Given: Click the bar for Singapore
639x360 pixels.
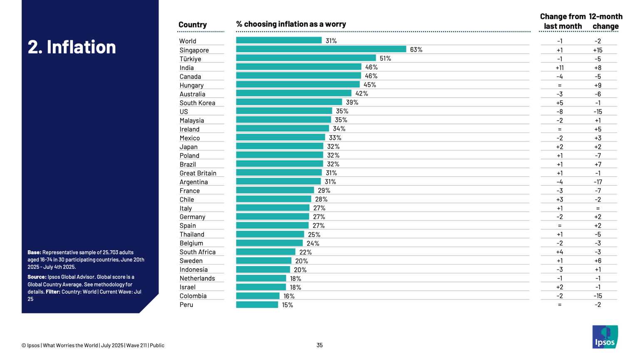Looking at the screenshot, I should click(x=321, y=49).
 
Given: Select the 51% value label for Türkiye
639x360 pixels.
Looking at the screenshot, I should click(x=385, y=59).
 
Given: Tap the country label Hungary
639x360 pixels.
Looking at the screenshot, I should click(x=191, y=85).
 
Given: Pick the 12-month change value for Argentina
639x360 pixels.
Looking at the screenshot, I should click(x=597, y=182).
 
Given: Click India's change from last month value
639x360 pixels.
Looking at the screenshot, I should click(x=560, y=68).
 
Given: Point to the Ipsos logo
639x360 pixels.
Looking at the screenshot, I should click(x=605, y=337).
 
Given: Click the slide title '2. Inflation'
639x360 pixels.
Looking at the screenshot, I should click(x=72, y=47).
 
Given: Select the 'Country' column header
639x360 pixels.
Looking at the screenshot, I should click(x=193, y=25).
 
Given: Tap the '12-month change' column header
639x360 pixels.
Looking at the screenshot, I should click(x=605, y=21).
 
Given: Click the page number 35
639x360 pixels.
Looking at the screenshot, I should click(x=319, y=345).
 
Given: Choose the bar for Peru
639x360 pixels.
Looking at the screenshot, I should click(x=257, y=305).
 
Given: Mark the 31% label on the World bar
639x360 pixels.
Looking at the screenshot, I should click(x=331, y=41).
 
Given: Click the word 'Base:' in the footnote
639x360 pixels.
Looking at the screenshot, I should click(x=34, y=252).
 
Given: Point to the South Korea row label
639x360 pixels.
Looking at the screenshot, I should click(x=197, y=103).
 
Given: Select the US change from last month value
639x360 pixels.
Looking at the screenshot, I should click(x=560, y=112).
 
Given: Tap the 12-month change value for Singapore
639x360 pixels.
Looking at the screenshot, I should click(x=597, y=50).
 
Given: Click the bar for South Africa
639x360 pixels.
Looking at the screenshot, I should click(x=265, y=252).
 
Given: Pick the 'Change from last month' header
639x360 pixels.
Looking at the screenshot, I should click(x=562, y=21).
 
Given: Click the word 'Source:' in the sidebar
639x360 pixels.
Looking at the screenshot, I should click(x=37, y=277).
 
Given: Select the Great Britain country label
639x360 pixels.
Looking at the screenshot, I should click(x=198, y=173).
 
